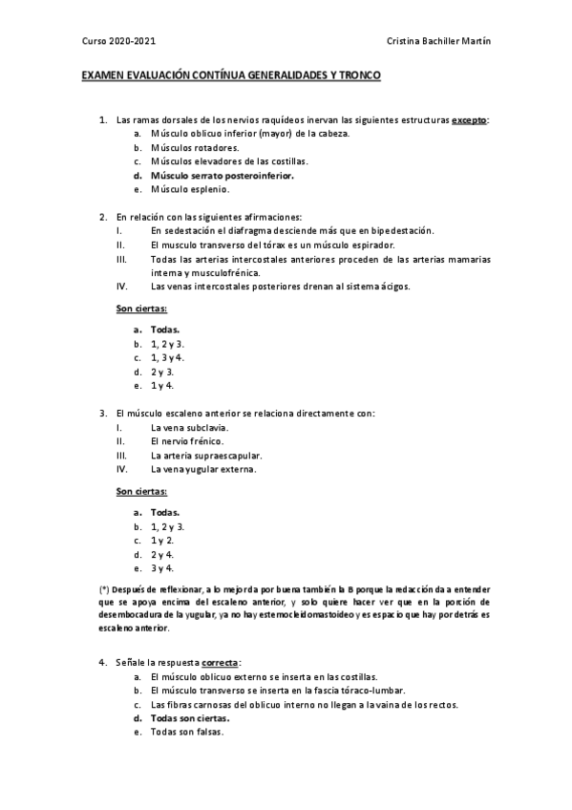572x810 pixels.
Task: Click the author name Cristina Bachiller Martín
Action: [439, 42]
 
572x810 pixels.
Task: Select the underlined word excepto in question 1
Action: [469, 120]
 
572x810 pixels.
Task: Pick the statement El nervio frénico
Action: [187, 441]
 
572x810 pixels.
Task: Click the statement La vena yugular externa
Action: [203, 469]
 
